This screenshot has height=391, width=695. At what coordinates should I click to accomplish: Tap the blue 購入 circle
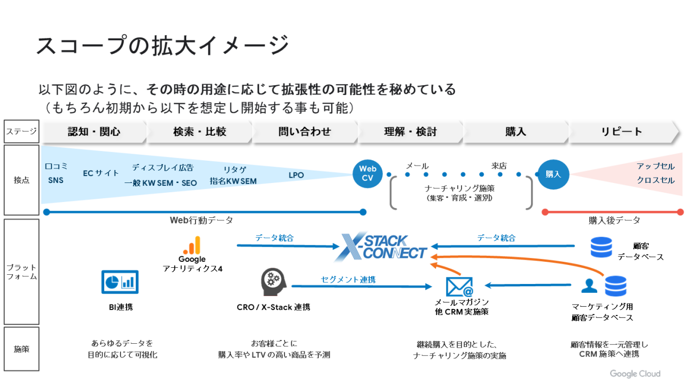coord(553,174)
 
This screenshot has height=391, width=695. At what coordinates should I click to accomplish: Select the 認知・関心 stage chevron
coord(94,132)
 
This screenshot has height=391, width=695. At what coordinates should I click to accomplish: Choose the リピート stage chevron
coord(622,132)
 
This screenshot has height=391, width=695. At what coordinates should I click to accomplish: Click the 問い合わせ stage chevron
coord(305,132)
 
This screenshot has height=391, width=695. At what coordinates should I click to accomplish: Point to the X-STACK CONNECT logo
coord(381,247)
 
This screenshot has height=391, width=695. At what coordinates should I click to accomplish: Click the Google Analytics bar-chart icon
coord(192,245)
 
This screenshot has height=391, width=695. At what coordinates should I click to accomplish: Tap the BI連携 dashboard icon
coord(120,282)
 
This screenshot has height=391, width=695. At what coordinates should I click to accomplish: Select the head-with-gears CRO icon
coord(271,281)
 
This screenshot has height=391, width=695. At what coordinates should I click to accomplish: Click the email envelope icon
coord(459,286)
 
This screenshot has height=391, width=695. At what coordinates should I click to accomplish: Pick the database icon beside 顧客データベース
coord(601,247)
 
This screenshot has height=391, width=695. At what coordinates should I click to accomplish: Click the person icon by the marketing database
coord(589,286)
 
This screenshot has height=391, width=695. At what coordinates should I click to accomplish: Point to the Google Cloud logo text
coord(635,374)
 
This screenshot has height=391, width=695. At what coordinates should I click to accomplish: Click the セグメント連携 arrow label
coord(348,280)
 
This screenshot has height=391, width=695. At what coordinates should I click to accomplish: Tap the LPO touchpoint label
coord(296,175)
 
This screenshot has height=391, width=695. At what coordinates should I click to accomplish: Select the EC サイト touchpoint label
coord(101,173)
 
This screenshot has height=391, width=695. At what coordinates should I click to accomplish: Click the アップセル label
coord(655,166)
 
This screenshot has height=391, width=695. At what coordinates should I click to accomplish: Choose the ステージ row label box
coord(22,131)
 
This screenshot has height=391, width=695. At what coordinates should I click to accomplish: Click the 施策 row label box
coord(22,349)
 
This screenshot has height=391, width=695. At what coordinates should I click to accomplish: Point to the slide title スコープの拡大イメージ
coord(162,45)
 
